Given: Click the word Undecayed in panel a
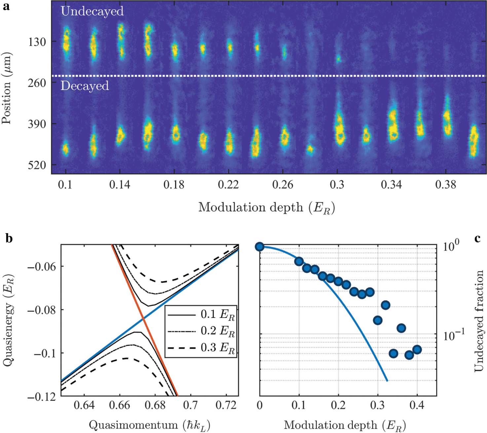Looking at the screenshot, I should [92, 11].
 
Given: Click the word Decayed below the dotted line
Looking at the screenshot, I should [85, 86].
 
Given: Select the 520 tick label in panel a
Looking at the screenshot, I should [37, 165].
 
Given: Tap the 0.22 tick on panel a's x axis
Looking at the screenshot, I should [228, 185].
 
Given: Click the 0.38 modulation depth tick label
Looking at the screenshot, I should [446, 185].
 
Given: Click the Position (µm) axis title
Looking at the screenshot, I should [7, 88].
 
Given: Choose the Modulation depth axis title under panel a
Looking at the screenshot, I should [267, 208].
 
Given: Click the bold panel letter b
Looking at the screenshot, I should [9, 238].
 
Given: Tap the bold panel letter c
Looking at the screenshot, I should [477, 238].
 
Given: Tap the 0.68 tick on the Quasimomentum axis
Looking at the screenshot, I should [155, 405].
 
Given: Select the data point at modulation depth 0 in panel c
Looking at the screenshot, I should [260, 247].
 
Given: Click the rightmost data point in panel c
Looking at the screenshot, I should [417, 350].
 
